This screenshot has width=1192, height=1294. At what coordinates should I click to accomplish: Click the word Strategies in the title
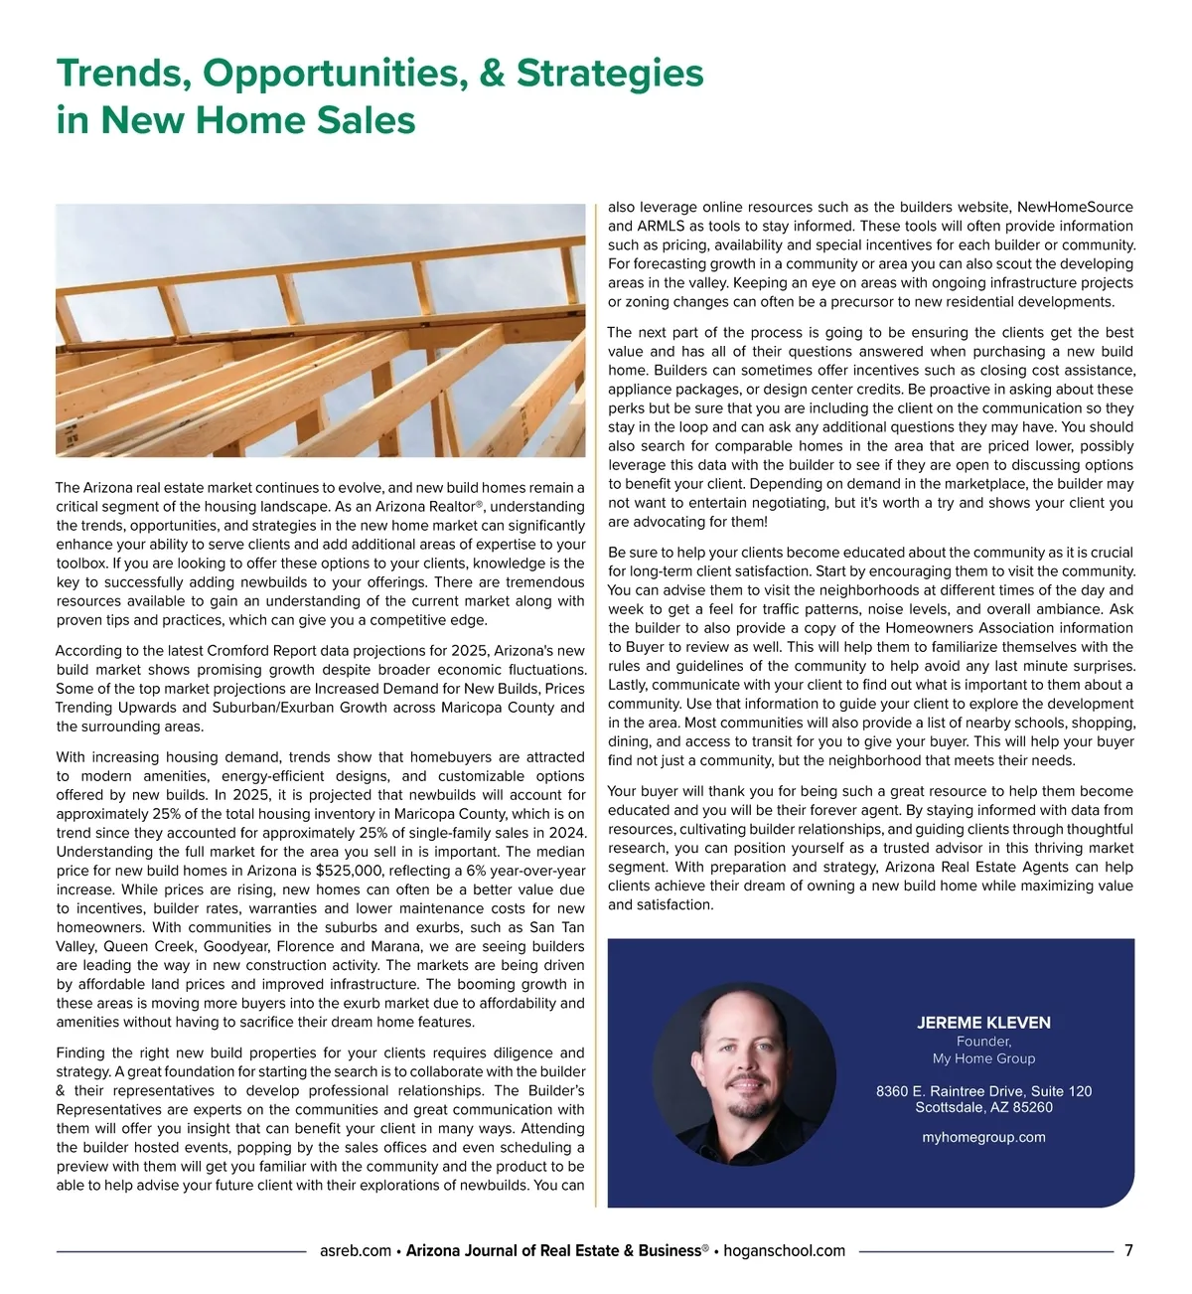click(x=610, y=74)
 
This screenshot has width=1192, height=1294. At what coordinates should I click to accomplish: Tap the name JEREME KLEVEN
click(x=983, y=1023)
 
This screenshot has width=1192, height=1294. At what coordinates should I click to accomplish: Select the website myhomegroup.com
click(x=983, y=1137)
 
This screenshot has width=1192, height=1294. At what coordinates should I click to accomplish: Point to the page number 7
click(x=1128, y=1250)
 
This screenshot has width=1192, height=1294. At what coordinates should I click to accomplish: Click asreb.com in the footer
click(x=356, y=1250)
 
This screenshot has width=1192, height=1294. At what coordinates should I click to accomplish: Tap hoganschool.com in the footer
click(x=784, y=1250)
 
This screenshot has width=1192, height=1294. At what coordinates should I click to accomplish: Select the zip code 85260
click(x=1030, y=1107)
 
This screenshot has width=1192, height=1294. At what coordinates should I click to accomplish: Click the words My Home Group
click(x=983, y=1058)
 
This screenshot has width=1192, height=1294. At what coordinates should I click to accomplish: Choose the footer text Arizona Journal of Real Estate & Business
click(x=553, y=1250)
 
